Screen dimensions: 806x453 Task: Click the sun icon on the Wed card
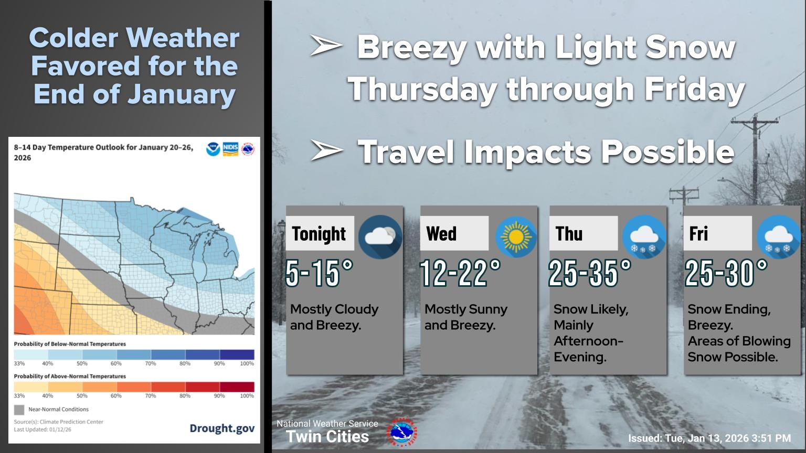(x=516, y=236)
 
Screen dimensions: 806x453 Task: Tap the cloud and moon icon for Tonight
(x=380, y=236)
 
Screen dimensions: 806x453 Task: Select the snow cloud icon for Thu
(x=644, y=236)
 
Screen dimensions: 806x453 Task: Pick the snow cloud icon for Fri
(x=779, y=236)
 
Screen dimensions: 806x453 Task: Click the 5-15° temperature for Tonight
(x=319, y=273)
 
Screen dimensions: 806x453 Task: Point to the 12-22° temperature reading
(x=460, y=273)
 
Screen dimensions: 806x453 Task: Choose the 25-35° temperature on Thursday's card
(x=590, y=273)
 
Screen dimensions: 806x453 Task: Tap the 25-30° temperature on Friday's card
(x=726, y=273)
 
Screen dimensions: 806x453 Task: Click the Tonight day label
(x=319, y=234)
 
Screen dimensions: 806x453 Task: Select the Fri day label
(x=698, y=234)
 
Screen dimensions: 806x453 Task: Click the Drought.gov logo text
(x=222, y=428)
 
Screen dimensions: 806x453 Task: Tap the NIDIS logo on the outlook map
(x=230, y=149)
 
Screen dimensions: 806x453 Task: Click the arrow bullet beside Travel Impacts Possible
(x=326, y=150)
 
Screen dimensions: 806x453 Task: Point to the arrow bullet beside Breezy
(x=326, y=45)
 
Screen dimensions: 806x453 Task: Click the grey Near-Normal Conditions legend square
(x=19, y=409)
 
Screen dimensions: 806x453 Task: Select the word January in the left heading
(x=182, y=94)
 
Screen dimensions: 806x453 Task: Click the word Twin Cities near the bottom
(x=327, y=437)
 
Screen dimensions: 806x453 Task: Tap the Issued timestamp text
(x=709, y=438)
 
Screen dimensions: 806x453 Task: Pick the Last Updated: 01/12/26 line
(x=43, y=429)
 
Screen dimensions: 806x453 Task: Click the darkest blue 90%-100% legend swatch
(x=237, y=354)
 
